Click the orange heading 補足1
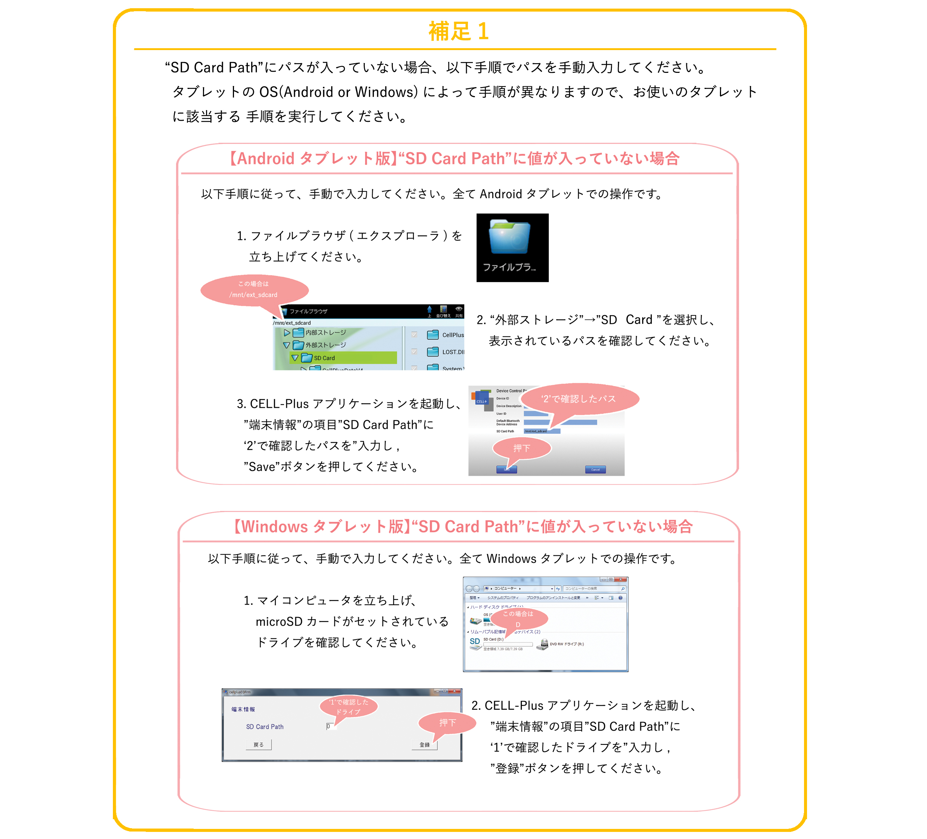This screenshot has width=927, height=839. tap(458, 31)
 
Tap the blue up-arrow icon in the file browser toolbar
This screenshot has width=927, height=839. tap(429, 310)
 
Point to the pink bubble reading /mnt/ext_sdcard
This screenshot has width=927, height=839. tap(254, 290)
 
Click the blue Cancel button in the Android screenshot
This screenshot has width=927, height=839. tap(595, 469)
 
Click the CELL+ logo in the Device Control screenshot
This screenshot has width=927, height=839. tap(481, 399)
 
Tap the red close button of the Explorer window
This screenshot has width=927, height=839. tap(621, 580)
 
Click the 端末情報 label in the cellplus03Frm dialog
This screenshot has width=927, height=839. tap(243, 709)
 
